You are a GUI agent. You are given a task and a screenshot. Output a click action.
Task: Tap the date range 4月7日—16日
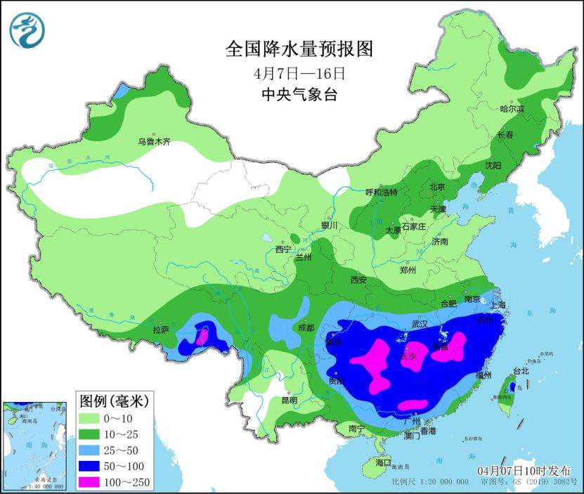point(299,72)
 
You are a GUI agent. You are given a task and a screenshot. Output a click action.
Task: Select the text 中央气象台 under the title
point(299,95)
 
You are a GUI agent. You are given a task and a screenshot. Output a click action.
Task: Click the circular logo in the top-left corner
point(27,30)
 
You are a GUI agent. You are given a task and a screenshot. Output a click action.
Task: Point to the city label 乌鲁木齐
point(154,141)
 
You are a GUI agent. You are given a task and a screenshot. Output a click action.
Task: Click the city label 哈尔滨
point(512,109)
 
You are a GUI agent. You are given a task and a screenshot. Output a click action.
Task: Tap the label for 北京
point(437,187)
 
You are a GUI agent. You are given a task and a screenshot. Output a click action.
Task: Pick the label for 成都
point(306,327)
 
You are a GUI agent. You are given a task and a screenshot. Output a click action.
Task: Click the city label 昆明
point(289,400)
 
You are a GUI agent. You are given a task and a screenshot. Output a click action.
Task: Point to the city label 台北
point(519,370)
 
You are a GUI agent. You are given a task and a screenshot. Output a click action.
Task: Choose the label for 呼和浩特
point(382,192)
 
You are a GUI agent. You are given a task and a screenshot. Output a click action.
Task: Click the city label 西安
point(358,280)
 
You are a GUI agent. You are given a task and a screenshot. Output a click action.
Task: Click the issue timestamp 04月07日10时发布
point(524,470)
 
